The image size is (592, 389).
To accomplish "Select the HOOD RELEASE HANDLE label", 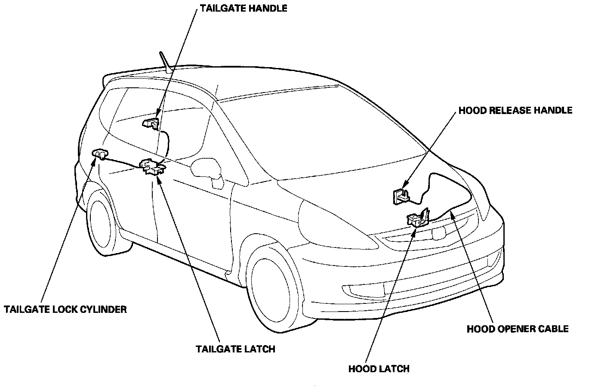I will click(x=515, y=110).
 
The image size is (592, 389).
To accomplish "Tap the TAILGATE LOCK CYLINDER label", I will click(x=65, y=309).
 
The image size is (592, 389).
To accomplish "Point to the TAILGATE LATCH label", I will click(x=235, y=349).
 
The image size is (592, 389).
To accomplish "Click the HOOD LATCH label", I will click(x=379, y=369).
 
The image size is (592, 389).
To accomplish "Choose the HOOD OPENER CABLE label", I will click(x=518, y=329).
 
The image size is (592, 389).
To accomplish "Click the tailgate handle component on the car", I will click(x=151, y=123).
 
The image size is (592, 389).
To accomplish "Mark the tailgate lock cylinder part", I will click(x=100, y=153).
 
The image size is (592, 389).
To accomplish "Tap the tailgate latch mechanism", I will click(x=153, y=167).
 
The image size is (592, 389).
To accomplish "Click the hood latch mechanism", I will click(x=417, y=219).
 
